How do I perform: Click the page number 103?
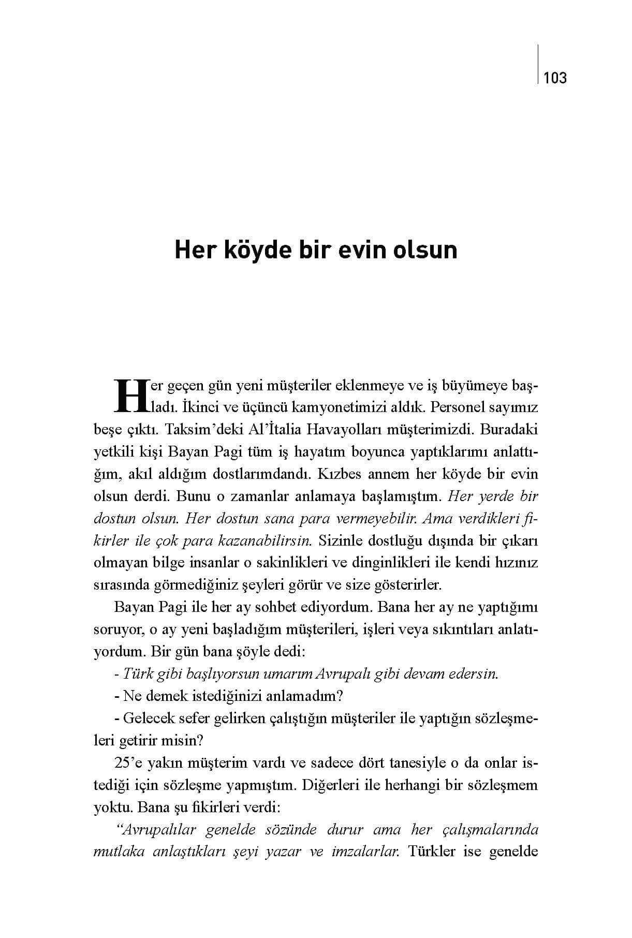555,78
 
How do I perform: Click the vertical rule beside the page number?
538,64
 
